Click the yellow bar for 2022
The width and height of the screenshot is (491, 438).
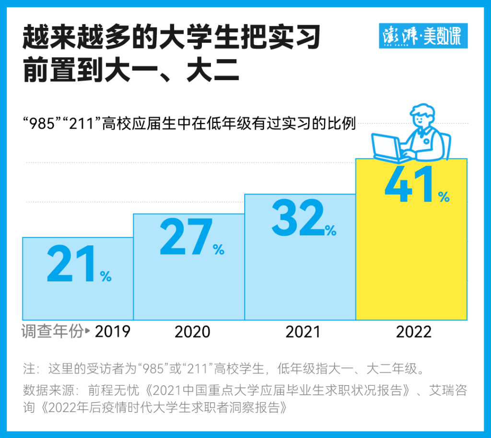(x=411, y=259)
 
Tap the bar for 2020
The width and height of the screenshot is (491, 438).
(x=189, y=288)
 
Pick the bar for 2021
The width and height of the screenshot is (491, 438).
(x=300, y=279)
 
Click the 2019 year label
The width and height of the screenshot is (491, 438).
(x=113, y=331)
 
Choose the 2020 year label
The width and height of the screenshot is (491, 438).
(x=192, y=332)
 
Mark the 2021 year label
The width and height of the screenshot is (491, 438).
(x=303, y=332)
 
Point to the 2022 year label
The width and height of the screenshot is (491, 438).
(x=414, y=332)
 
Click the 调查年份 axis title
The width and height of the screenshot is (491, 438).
(x=52, y=331)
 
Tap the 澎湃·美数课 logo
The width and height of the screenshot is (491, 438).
(x=423, y=36)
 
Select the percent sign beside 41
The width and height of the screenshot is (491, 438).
(x=444, y=196)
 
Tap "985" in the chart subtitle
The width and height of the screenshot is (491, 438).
(x=42, y=124)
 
